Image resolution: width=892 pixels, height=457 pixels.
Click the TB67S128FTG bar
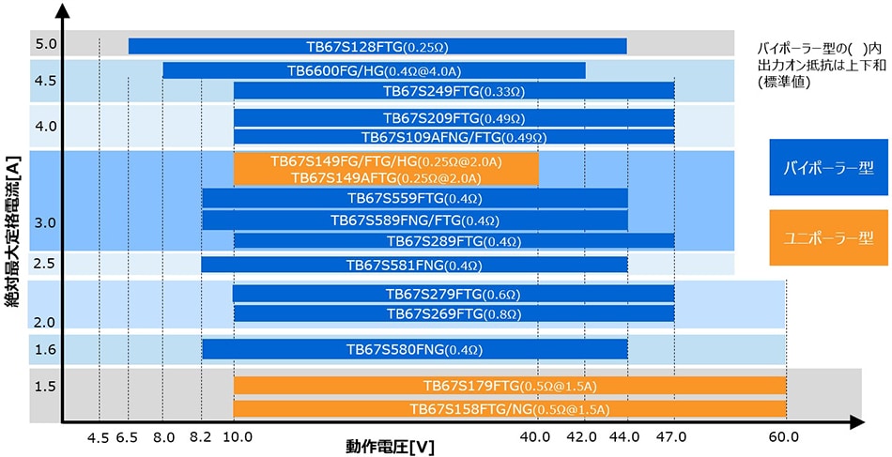click(x=377, y=46)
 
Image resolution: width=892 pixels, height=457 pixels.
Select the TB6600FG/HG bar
click(x=374, y=70)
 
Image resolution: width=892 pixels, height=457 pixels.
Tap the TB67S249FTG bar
click(x=454, y=91)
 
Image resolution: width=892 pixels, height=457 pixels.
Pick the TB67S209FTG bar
click(x=454, y=118)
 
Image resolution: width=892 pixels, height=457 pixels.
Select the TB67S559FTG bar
click(x=414, y=198)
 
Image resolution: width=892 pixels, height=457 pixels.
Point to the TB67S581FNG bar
click(x=414, y=265)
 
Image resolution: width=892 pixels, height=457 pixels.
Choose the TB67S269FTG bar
click(x=454, y=312)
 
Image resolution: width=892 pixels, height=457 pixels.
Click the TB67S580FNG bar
click(x=414, y=349)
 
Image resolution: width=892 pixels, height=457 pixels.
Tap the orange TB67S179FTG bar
click(x=510, y=386)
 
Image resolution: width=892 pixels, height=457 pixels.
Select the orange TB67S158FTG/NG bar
click(x=510, y=409)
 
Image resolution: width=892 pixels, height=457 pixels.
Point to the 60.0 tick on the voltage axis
click(x=784, y=436)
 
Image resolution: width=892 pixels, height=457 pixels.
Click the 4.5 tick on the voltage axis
click(x=99, y=436)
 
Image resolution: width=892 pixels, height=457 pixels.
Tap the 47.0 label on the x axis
click(x=672, y=436)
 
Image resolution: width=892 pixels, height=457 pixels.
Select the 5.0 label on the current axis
click(x=46, y=43)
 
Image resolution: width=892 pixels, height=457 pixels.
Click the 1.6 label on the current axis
click(x=46, y=349)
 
